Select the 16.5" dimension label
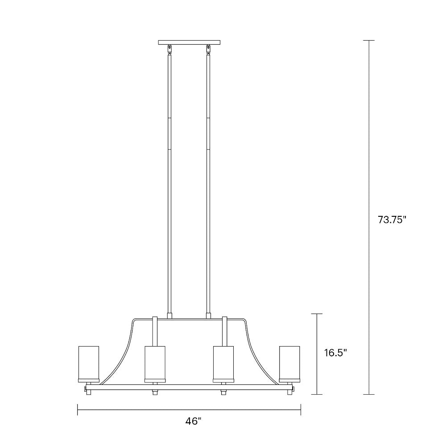335,353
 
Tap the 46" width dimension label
194,421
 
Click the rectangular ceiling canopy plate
189,43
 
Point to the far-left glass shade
89,363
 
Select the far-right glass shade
289,363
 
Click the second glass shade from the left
155,363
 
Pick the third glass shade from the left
223,363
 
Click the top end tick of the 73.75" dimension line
368,41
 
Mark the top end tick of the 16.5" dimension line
317,314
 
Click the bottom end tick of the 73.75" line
368,394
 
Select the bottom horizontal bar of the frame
189,388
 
